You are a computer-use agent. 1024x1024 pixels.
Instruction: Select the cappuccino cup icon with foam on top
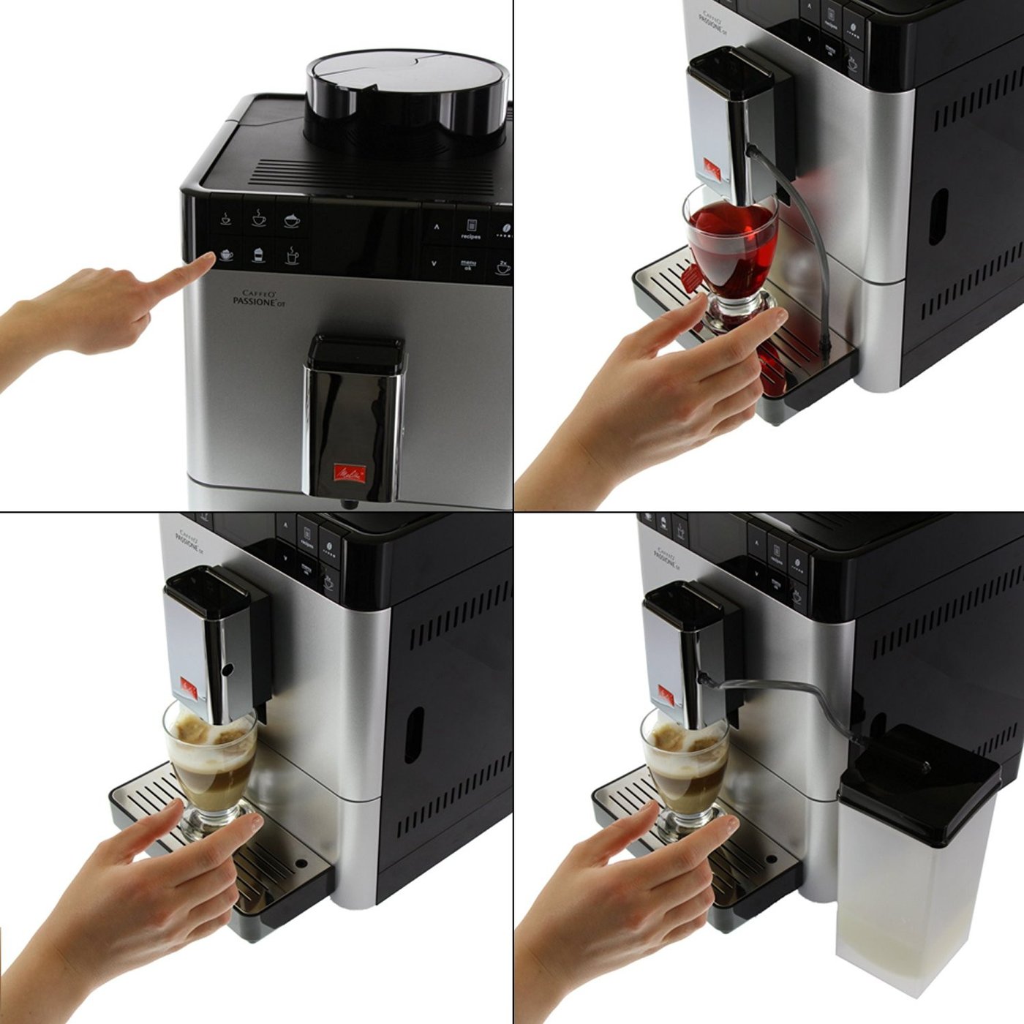(292, 219)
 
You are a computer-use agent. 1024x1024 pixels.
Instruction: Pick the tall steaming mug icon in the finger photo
(291, 255)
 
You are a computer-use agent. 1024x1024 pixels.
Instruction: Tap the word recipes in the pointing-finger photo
(470, 236)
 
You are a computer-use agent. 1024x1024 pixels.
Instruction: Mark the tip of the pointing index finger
(208, 258)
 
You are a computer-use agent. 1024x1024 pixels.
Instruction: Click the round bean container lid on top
(406, 80)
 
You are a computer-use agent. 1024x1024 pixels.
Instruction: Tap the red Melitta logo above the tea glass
(712, 169)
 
